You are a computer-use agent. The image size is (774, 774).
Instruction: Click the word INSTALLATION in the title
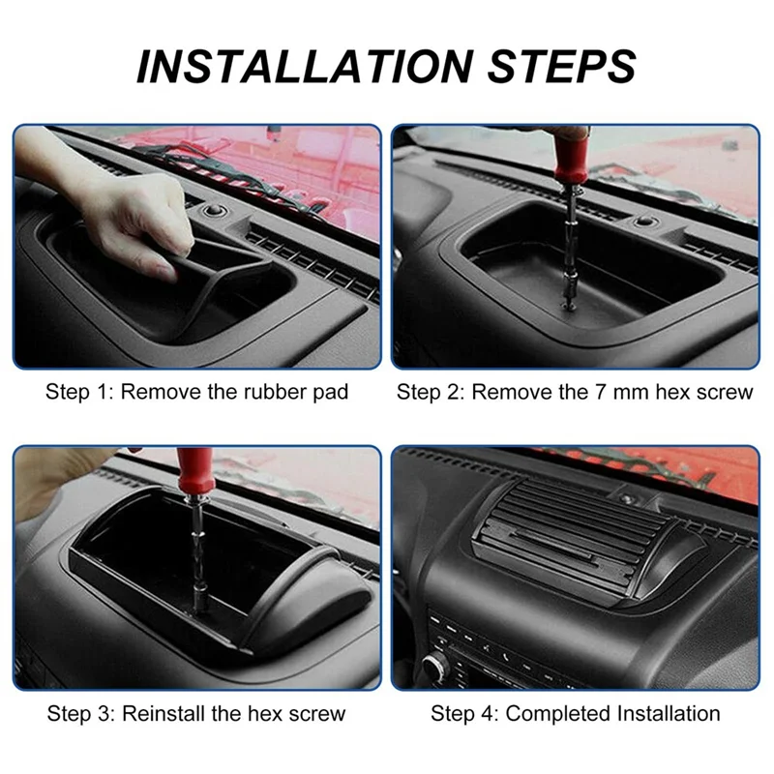[305, 67]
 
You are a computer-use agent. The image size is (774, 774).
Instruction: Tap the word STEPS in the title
[561, 67]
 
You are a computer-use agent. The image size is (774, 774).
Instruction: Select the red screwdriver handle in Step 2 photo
[571, 155]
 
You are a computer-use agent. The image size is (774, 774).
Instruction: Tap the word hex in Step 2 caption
[672, 392]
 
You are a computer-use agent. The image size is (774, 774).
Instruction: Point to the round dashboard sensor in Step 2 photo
[643, 222]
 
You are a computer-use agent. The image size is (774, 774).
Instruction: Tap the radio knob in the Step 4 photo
[436, 667]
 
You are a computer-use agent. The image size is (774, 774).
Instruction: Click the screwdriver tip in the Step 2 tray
[568, 306]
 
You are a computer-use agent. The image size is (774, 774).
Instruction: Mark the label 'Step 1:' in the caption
[79, 392]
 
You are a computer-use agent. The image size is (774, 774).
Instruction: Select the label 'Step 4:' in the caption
[464, 714]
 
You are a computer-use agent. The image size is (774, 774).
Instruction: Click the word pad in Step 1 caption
[331, 393]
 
